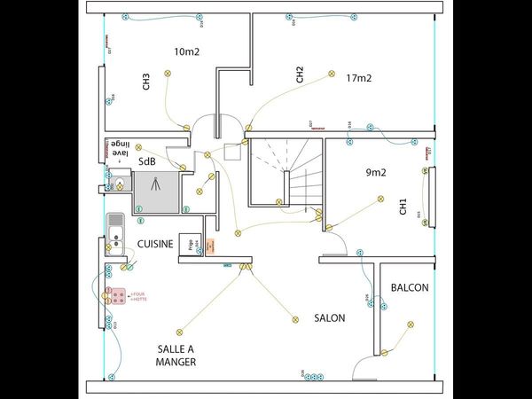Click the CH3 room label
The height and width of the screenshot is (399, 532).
[145, 82]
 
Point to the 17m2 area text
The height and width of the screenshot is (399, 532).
[358, 78]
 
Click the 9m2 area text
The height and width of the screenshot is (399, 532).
[376, 172]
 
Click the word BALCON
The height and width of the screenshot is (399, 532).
[410, 287]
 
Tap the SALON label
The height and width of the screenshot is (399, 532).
[329, 317]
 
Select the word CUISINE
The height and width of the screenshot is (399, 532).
[154, 243]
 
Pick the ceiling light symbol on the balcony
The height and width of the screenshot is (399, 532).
[410, 325]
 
